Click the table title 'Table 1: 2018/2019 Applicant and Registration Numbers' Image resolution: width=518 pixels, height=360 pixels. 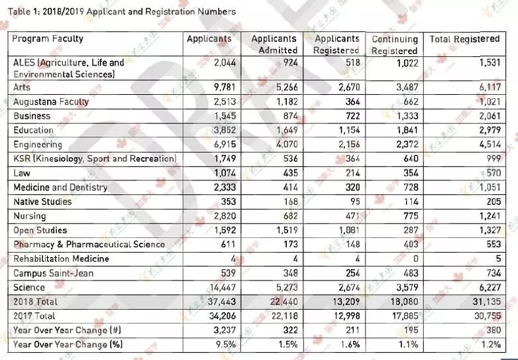click(x=123, y=11)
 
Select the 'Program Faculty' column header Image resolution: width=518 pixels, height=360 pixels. click(x=48, y=38)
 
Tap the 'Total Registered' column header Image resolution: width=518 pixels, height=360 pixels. click(x=464, y=38)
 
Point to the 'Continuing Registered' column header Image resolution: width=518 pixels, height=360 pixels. click(x=394, y=44)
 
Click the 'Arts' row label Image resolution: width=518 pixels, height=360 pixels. click(x=22, y=87)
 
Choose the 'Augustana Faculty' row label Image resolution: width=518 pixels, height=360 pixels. click(x=51, y=101)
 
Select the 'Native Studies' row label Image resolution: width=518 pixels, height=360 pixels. click(x=42, y=202)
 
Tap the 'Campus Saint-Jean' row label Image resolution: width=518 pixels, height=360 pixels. click(x=54, y=273)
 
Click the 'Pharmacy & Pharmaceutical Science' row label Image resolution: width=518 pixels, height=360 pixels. click(x=89, y=244)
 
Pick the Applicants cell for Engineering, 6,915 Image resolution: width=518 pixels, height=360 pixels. click(x=223, y=145)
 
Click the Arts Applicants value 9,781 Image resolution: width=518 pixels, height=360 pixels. click(x=223, y=87)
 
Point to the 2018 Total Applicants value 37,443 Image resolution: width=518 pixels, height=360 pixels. click(x=220, y=302)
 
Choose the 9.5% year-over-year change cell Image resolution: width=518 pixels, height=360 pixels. click(x=226, y=345)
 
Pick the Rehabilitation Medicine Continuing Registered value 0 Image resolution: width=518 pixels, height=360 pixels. click(x=416, y=259)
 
